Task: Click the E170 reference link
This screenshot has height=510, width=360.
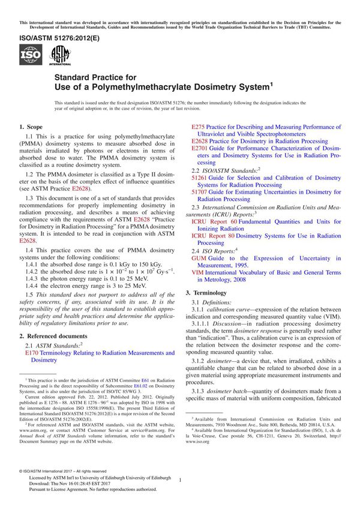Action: click(x=31, y=353)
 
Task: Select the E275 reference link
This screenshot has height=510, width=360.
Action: click(x=197, y=127)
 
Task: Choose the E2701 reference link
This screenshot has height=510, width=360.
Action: click(x=200, y=148)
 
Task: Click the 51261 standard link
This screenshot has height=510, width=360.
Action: click(x=200, y=178)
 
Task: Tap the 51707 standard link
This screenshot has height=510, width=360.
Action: click(x=200, y=192)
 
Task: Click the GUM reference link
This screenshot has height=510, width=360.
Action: click(x=199, y=258)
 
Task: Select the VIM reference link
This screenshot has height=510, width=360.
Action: click(x=197, y=272)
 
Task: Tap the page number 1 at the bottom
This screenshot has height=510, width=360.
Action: click(x=180, y=479)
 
